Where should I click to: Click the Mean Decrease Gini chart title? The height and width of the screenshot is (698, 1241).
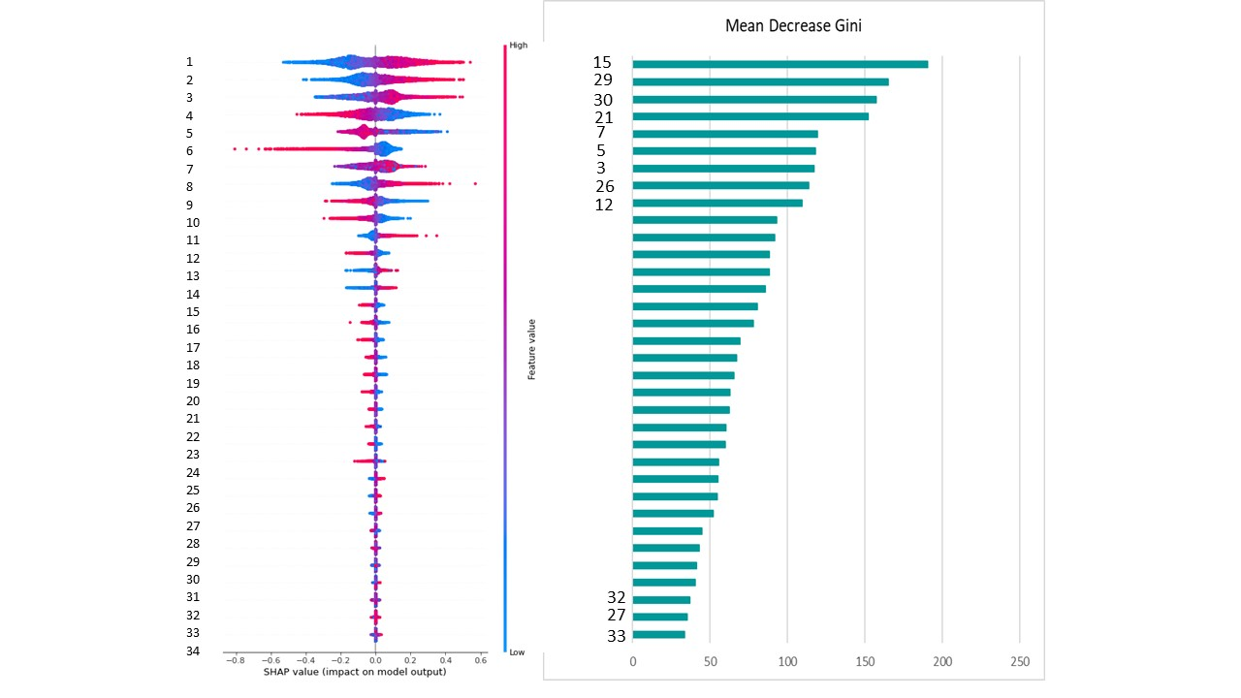(793, 26)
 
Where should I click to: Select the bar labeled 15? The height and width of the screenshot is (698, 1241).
(780, 64)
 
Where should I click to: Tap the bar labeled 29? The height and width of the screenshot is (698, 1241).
(760, 81)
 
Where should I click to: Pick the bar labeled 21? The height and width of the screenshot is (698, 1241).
(750, 116)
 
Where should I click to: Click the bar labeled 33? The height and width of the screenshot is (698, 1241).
(658, 635)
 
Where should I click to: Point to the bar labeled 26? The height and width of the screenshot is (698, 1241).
(720, 185)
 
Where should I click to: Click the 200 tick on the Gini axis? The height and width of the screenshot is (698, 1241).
(942, 662)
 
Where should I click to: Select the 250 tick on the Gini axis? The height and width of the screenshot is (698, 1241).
(1019, 662)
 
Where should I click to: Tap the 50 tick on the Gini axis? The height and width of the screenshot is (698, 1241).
(710, 662)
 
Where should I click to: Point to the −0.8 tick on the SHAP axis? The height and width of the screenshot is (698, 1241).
(235, 660)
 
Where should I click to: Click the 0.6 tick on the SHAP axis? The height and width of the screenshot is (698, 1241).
(480, 660)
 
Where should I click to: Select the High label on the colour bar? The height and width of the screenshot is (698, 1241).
(518, 45)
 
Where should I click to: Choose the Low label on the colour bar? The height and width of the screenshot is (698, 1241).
(517, 652)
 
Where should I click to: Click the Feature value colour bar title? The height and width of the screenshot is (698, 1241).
(532, 348)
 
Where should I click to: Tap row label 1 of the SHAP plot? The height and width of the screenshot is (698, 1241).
(190, 62)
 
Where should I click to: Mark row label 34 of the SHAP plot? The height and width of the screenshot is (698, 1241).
(193, 651)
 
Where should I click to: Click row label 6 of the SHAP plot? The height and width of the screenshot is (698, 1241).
(190, 151)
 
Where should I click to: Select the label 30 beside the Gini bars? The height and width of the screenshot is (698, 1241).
(602, 100)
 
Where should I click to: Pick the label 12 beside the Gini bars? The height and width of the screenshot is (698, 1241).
(602, 205)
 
